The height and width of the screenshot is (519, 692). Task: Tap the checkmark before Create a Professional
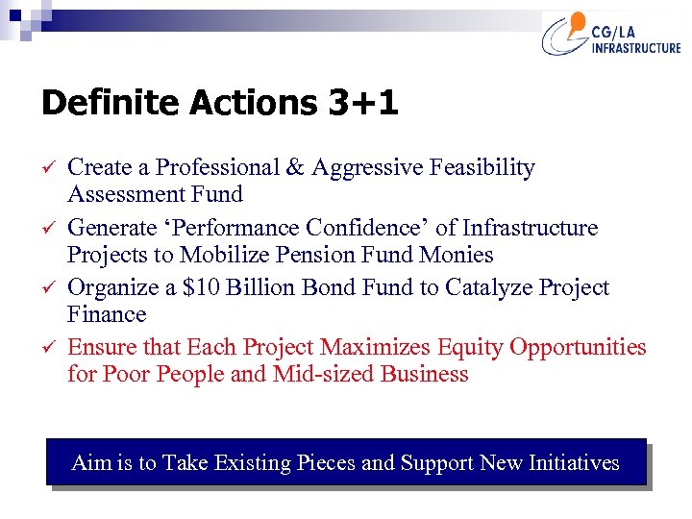click(x=47, y=168)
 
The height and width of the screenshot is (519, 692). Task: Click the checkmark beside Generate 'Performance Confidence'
click(x=47, y=229)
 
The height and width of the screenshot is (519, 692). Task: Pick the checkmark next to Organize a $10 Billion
click(x=47, y=288)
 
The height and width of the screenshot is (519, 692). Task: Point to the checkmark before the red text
click(x=47, y=348)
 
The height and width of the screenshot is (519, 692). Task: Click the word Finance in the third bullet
click(x=107, y=315)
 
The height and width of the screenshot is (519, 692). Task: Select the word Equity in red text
click(x=465, y=347)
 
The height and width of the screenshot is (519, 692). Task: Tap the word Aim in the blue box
click(x=89, y=463)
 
